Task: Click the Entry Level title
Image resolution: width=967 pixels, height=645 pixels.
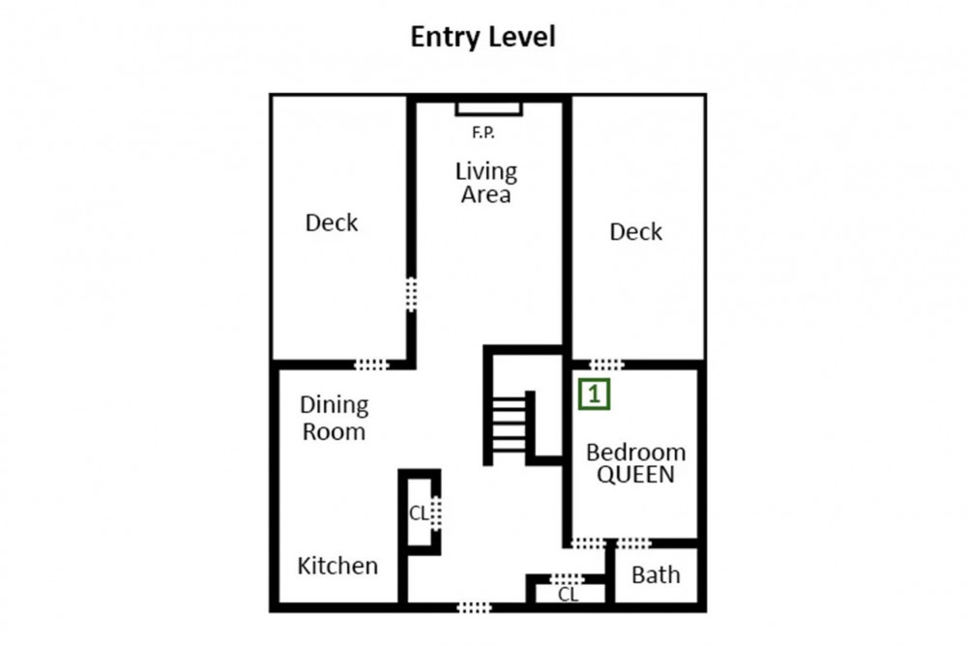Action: click(x=483, y=37)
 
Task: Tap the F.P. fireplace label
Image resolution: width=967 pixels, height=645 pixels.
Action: click(x=483, y=132)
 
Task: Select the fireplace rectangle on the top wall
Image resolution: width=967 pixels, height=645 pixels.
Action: click(x=489, y=109)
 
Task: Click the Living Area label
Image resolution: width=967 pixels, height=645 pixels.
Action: click(x=486, y=183)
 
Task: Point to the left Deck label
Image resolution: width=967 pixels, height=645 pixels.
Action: click(x=331, y=222)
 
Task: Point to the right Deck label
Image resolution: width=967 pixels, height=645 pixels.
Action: click(x=636, y=232)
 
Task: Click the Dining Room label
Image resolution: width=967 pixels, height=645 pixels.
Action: click(x=334, y=418)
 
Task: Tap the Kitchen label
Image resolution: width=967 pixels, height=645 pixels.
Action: click(x=337, y=566)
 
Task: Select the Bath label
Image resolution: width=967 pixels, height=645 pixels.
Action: click(x=656, y=574)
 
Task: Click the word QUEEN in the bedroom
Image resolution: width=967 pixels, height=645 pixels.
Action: click(x=635, y=475)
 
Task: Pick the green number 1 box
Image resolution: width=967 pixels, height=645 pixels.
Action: click(x=594, y=394)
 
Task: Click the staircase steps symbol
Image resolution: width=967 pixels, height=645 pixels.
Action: click(x=510, y=425)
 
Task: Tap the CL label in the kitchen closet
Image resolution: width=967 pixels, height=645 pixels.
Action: click(x=419, y=513)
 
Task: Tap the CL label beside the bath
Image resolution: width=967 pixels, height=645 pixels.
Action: click(x=568, y=595)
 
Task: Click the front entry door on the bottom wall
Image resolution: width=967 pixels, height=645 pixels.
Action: click(x=474, y=607)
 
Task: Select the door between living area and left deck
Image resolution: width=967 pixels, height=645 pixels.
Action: click(x=411, y=294)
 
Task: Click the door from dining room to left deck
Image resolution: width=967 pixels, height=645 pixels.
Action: click(x=372, y=365)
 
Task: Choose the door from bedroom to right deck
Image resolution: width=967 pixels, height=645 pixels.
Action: click(x=607, y=365)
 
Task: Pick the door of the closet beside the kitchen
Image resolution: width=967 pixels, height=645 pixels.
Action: click(x=436, y=513)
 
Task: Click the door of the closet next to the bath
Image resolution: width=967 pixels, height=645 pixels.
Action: click(x=567, y=579)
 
